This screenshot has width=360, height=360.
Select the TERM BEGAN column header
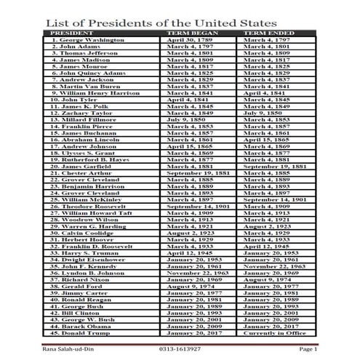tap(191, 33)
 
